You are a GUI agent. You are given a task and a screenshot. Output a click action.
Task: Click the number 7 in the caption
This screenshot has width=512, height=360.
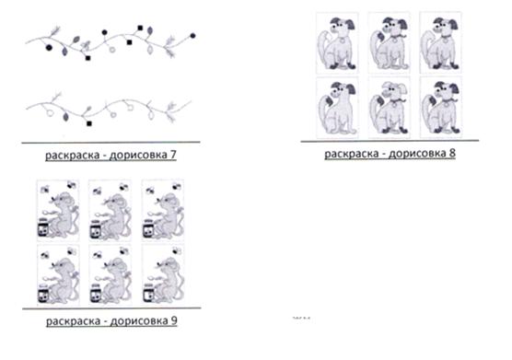(x=173, y=155)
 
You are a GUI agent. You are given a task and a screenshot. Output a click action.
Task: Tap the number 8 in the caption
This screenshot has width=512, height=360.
(x=452, y=153)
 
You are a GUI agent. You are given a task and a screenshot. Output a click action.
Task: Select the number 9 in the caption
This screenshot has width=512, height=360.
(x=174, y=320)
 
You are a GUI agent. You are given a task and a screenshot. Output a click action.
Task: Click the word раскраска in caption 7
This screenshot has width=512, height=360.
(x=71, y=156)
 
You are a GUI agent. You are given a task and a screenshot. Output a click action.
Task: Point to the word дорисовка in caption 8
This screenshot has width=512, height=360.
(x=416, y=153)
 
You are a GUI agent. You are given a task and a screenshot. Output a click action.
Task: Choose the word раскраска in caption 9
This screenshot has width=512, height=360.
(x=72, y=321)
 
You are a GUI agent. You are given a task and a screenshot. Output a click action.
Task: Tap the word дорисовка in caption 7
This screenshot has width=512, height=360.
(x=137, y=155)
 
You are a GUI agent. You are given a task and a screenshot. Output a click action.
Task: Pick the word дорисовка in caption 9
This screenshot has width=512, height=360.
(x=138, y=320)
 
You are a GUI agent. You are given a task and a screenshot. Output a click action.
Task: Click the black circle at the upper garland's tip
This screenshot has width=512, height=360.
(x=192, y=36)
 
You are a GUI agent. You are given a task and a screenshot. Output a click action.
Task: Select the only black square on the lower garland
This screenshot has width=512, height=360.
(x=88, y=123)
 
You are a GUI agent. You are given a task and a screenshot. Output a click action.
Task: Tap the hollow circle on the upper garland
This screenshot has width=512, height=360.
(x=112, y=50)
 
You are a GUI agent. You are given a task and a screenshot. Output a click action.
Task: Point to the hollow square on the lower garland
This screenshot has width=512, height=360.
(x=130, y=107)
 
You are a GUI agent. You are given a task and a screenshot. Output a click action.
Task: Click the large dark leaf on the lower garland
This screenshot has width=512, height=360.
(x=65, y=116)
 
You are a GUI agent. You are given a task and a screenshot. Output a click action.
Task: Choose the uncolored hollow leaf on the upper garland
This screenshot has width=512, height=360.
(x=150, y=50)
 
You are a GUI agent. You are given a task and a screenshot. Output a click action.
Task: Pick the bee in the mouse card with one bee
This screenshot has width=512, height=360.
(x=177, y=250)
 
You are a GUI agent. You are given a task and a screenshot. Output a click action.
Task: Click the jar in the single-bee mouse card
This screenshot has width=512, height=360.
(x=148, y=293)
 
